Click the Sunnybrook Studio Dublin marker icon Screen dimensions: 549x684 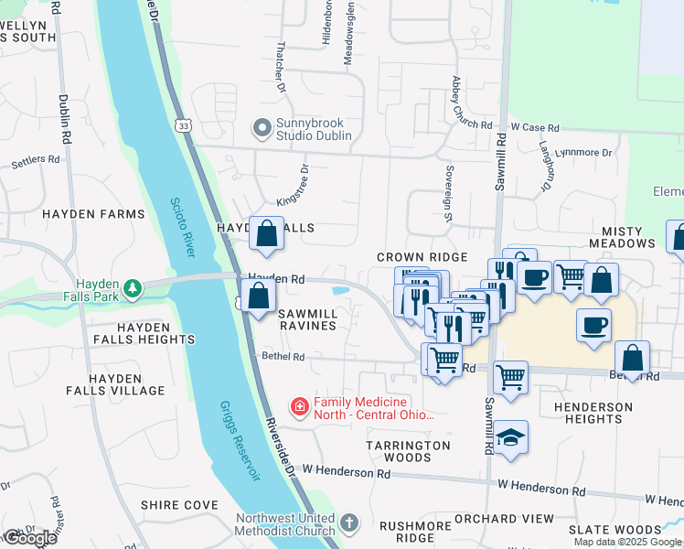[x=262, y=127]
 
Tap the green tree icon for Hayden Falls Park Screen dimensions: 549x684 [x=134, y=289]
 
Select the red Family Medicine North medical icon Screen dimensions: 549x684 [x=299, y=406]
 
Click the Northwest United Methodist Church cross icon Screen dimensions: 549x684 [x=347, y=524]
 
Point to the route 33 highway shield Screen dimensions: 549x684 [x=185, y=125]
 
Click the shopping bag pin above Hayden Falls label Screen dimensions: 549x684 [x=266, y=234]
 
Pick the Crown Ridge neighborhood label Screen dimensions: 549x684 [x=422, y=258]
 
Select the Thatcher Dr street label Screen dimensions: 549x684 [x=281, y=78]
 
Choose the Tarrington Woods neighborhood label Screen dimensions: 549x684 [x=411, y=451]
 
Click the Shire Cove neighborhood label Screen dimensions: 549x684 [x=179, y=505]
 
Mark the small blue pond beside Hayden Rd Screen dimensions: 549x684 [x=340, y=291]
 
